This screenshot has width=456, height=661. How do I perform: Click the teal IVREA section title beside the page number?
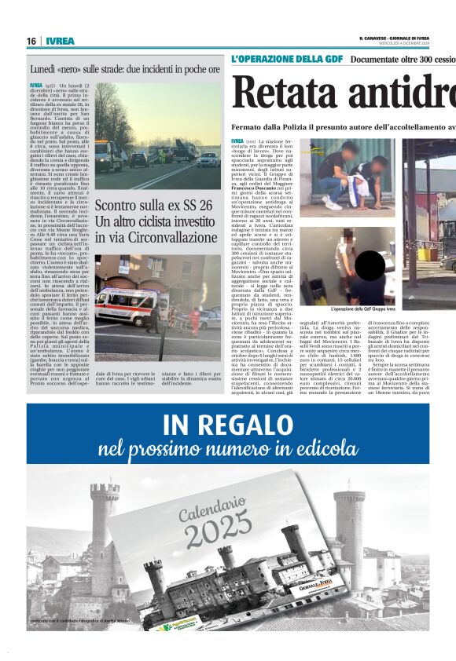click(60, 41)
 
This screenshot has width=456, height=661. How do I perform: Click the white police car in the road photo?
click(207, 159)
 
